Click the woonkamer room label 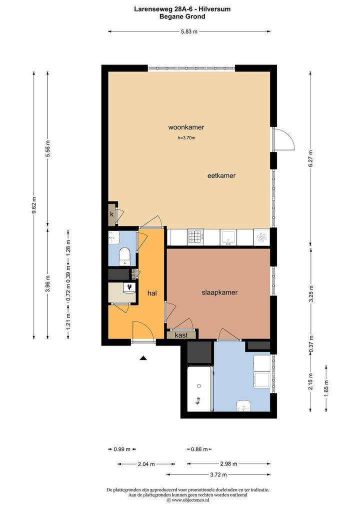[x=186, y=127]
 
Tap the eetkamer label [x=221, y=175]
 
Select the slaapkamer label [x=220, y=292]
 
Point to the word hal [x=152, y=293]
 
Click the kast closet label [x=181, y=335]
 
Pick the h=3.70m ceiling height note [x=186, y=137]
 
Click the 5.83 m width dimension [x=189, y=31]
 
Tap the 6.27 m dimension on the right [x=310, y=158]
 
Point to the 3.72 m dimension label [x=218, y=474]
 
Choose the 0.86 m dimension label [x=199, y=449]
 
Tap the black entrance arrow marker [x=143, y=358]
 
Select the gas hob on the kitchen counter [x=195, y=237]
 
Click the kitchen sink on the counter [x=228, y=237]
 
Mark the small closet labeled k [x=111, y=214]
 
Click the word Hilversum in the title [x=214, y=9]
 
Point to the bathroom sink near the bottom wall [x=243, y=405]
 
